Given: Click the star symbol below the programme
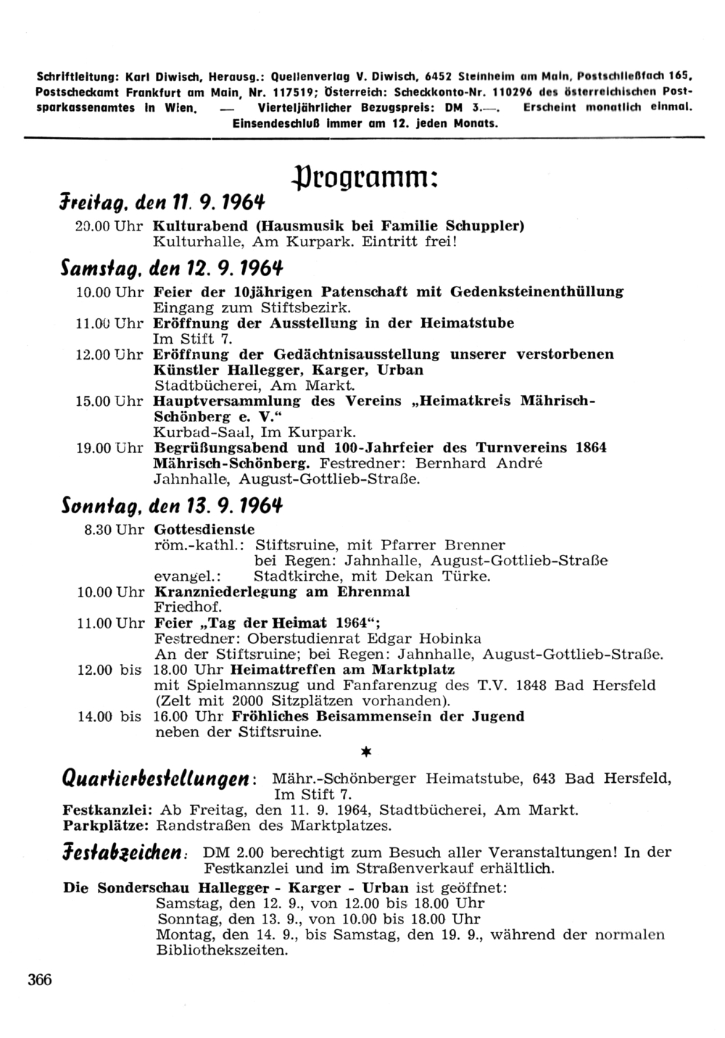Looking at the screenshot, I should tap(366, 753).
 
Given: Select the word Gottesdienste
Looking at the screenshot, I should tap(204, 529).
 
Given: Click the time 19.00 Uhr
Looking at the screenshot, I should tap(109, 447).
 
